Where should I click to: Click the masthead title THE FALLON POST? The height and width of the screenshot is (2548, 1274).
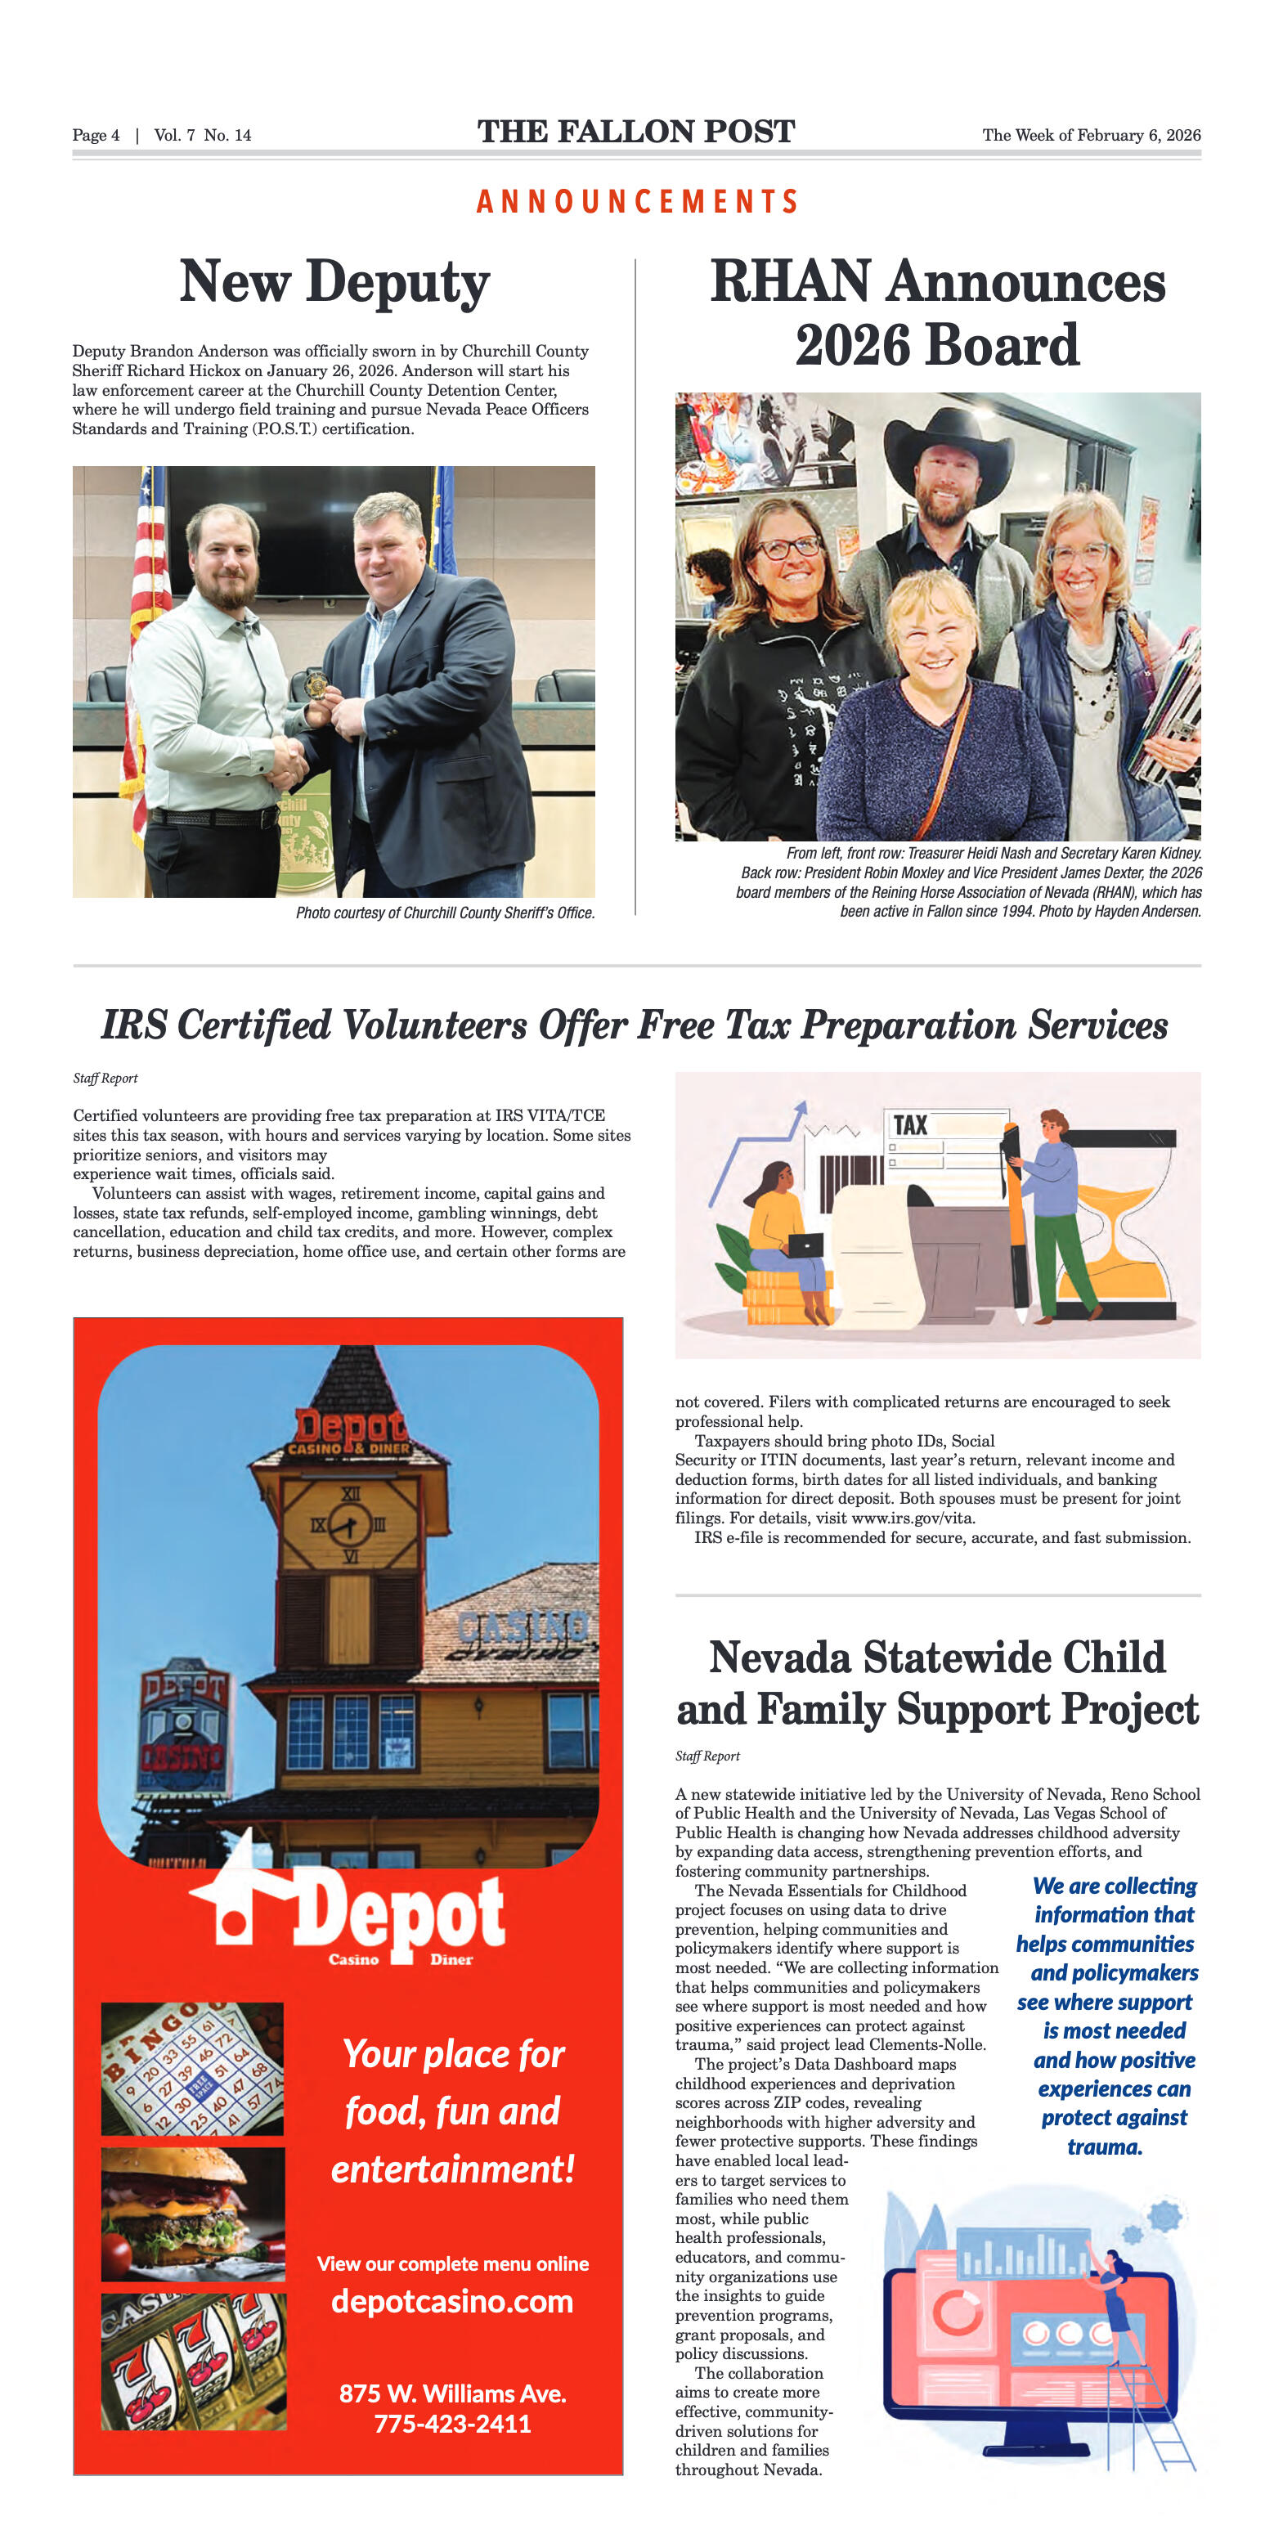636,132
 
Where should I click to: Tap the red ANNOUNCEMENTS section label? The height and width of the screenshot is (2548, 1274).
637,202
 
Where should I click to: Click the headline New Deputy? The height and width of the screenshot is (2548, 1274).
334,283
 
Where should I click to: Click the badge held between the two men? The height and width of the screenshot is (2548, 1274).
316,684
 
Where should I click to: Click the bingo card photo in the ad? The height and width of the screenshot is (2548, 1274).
192,2068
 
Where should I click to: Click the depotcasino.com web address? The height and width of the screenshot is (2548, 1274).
452,2302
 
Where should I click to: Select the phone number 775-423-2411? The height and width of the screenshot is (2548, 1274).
452,2424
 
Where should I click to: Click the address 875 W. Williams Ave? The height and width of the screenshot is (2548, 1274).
452,2393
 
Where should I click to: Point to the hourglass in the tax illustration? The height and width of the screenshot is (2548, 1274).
1127,1227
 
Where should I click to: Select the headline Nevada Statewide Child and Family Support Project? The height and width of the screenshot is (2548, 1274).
937,1684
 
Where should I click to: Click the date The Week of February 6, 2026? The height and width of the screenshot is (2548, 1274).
1091,136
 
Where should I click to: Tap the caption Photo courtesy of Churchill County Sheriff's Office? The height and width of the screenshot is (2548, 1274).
445,913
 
